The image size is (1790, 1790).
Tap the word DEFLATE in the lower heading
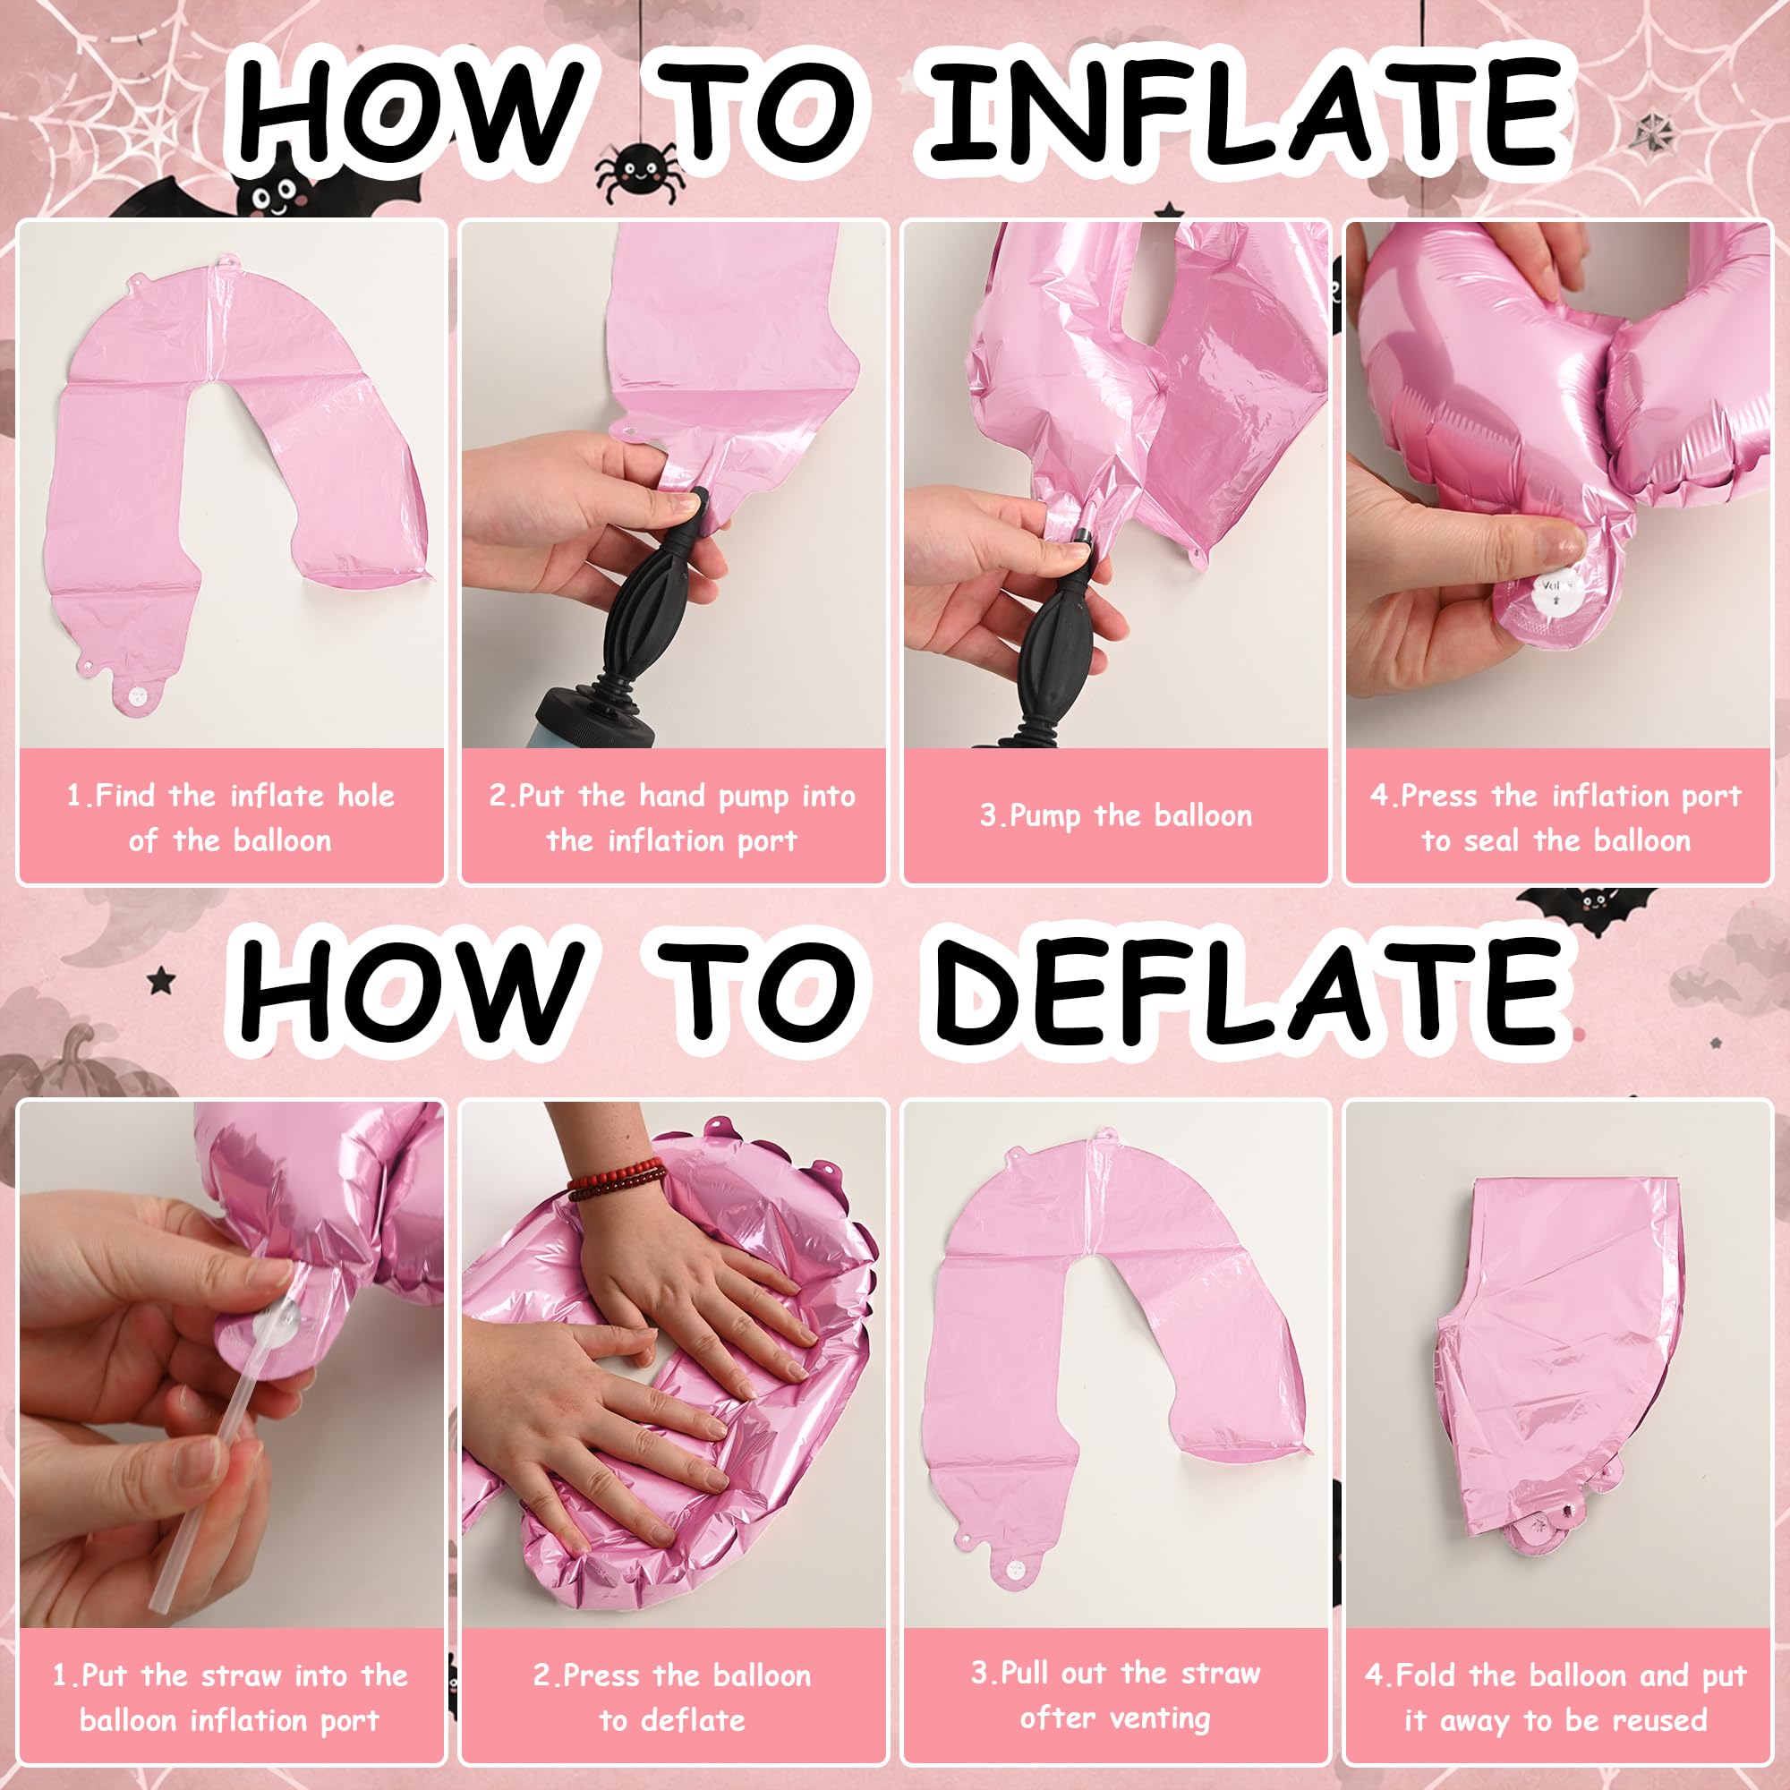[1247, 993]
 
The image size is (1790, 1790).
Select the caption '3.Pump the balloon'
[1116, 816]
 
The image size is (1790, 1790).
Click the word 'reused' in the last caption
[1659, 1720]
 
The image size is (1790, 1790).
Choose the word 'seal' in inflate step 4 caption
[1494, 840]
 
